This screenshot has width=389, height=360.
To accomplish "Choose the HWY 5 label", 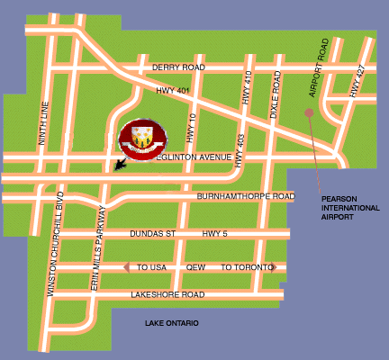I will (x=216, y=234).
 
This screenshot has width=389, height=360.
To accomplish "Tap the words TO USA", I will (x=152, y=267).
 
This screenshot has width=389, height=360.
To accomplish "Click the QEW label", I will (x=195, y=267).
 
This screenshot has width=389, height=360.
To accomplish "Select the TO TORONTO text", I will (x=247, y=267).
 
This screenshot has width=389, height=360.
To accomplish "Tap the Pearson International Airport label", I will (x=346, y=206).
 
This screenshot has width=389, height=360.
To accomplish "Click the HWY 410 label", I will (x=247, y=94).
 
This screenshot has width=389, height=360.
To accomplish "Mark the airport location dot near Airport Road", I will (x=309, y=112).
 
